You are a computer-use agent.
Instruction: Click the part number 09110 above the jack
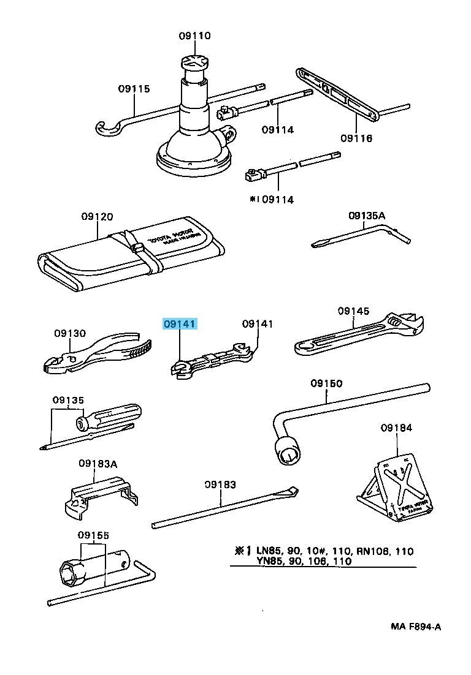pos(195,36)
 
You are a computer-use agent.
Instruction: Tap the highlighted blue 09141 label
pos(179,325)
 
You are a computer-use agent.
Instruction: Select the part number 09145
pos(353,311)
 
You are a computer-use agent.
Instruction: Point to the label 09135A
pos(367,216)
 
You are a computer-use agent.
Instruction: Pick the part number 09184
pos(396,427)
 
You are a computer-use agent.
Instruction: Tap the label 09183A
pos(98,463)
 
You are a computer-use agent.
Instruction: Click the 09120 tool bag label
pos(97,217)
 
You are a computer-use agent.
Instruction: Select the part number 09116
pos(356,138)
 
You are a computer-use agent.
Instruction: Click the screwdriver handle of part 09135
pos(110,418)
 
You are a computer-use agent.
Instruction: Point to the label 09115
pos(134,89)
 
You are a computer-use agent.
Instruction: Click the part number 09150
pos(326,383)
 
